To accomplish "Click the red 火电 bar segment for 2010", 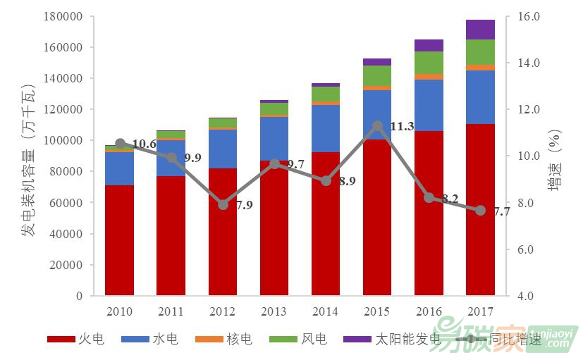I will (119, 240).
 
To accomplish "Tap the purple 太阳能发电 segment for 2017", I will (480, 30).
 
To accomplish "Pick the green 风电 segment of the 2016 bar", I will (429, 62).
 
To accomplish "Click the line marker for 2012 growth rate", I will (223, 205).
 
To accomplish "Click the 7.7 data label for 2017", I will (501, 211).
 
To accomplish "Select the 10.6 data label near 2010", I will (144, 144).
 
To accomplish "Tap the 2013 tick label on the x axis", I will (274, 311).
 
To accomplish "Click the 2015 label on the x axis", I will (377, 311).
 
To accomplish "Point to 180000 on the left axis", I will (63, 16).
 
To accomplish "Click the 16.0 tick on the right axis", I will (529, 16).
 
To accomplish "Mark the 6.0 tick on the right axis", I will (529, 249).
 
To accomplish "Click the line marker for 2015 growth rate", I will (377, 126).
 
